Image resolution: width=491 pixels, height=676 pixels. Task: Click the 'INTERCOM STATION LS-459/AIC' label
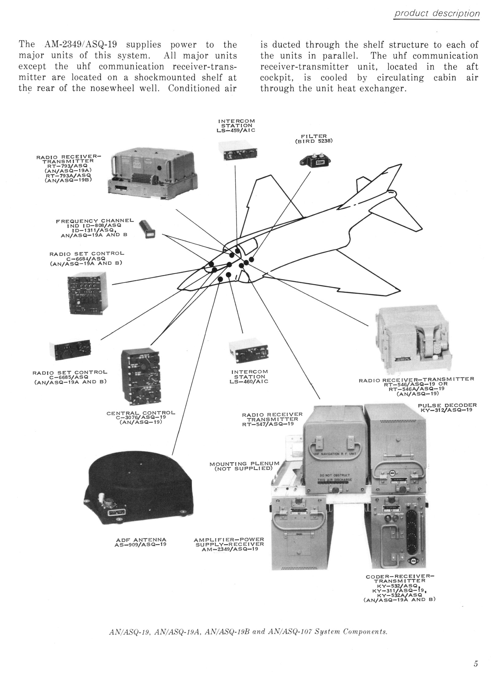tap(237, 125)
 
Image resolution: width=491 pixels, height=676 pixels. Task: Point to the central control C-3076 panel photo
tap(141, 377)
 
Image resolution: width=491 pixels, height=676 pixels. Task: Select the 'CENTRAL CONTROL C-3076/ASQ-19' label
tap(141, 418)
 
